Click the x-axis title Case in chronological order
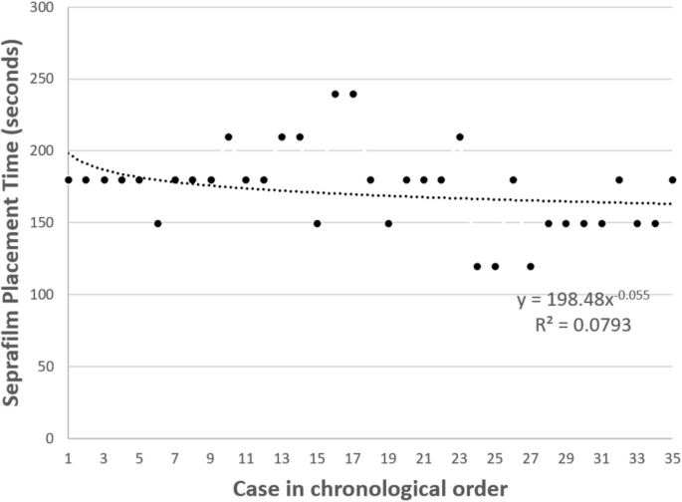click(x=369, y=490)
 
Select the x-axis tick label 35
click(x=672, y=458)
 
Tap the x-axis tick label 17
click(x=352, y=458)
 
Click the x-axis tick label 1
click(x=69, y=458)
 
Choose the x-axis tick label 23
click(x=459, y=458)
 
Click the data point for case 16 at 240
click(x=335, y=94)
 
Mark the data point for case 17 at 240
click(x=352, y=94)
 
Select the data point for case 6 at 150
click(x=157, y=223)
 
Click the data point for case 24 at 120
click(x=477, y=266)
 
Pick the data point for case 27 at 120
click(x=531, y=266)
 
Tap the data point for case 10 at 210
click(x=228, y=136)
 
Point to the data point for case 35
click(x=672, y=179)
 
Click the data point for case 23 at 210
click(x=459, y=136)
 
